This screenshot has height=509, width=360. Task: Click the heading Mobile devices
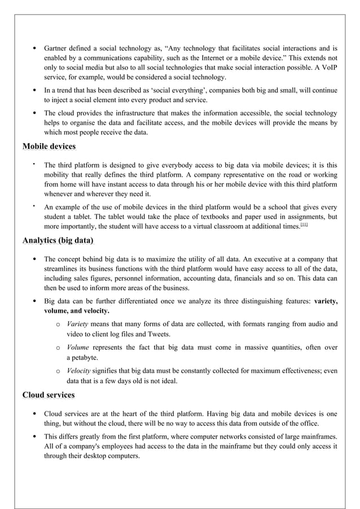tap(49, 147)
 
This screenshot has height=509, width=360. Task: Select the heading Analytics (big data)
tap(58, 241)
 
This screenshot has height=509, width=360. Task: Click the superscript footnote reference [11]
tap(304, 225)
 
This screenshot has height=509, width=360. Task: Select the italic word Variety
tap(77, 324)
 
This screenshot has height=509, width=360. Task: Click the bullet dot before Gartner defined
tap(35, 49)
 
